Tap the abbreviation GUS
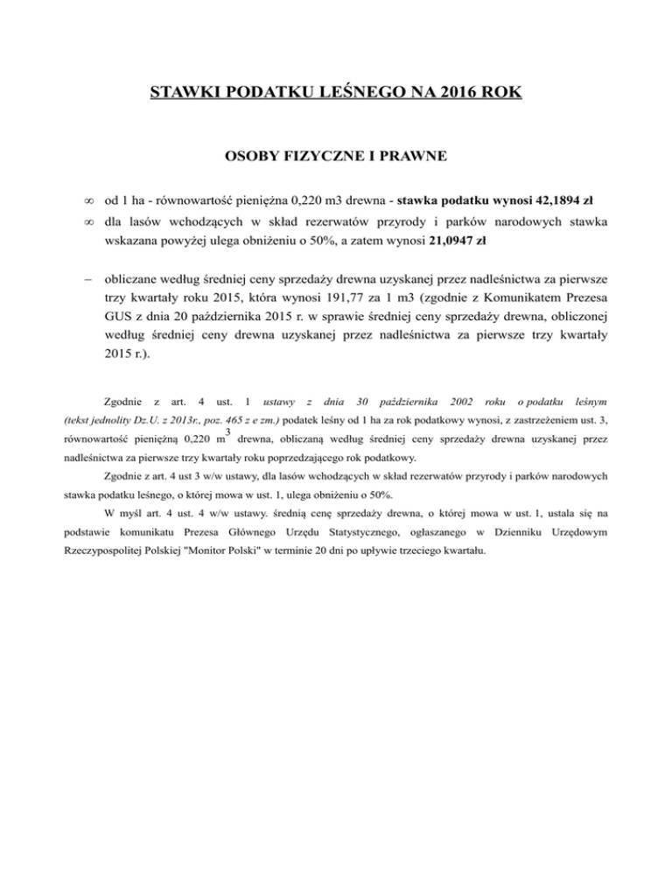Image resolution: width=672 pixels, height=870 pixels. (117, 319)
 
